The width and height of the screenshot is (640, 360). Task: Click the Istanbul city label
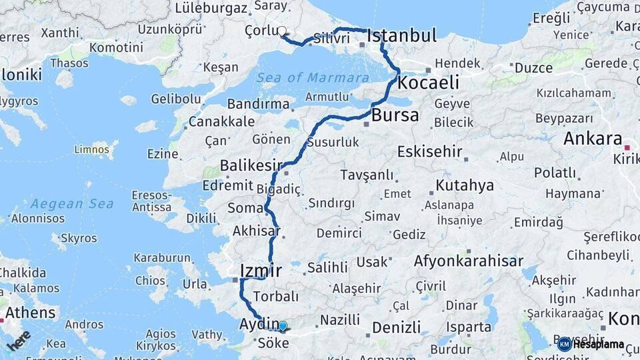click(x=401, y=35)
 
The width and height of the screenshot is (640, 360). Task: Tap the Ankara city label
click(x=593, y=139)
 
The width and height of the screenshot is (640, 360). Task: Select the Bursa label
click(x=395, y=115)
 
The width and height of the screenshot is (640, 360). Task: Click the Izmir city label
click(x=261, y=270)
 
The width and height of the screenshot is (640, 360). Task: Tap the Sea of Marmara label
click(x=313, y=77)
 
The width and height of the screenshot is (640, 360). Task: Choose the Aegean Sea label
click(x=72, y=203)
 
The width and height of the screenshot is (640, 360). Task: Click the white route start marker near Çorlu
click(x=282, y=31)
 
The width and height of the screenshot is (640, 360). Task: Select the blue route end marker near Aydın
click(x=283, y=326)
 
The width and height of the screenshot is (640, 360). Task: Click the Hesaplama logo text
click(x=598, y=345)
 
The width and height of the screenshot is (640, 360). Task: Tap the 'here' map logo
click(x=19, y=340)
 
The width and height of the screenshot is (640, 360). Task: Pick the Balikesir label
click(x=252, y=165)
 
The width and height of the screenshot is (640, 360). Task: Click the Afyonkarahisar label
click(x=468, y=261)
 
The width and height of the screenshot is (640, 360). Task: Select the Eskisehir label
click(x=429, y=151)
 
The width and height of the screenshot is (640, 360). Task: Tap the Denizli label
click(x=396, y=327)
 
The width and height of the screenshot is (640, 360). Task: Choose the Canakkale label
click(x=221, y=122)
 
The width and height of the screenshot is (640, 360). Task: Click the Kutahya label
click(x=465, y=185)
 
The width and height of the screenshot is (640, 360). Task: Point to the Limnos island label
click(x=91, y=149)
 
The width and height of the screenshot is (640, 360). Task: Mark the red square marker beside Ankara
click(x=627, y=147)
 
